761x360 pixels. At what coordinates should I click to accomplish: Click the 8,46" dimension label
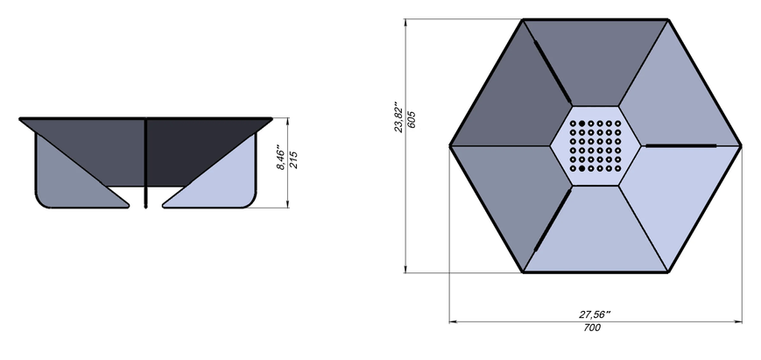280,157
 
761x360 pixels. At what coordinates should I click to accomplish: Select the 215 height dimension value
293,159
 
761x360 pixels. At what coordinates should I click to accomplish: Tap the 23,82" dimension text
398,116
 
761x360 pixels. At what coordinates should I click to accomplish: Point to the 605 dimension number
412,119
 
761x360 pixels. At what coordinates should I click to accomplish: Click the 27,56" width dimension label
595,314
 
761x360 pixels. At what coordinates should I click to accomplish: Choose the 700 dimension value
592,328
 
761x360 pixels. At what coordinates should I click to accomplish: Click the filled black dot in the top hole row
581,124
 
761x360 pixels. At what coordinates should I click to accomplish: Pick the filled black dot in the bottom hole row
581,168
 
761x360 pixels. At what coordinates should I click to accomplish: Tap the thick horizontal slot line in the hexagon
681,145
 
